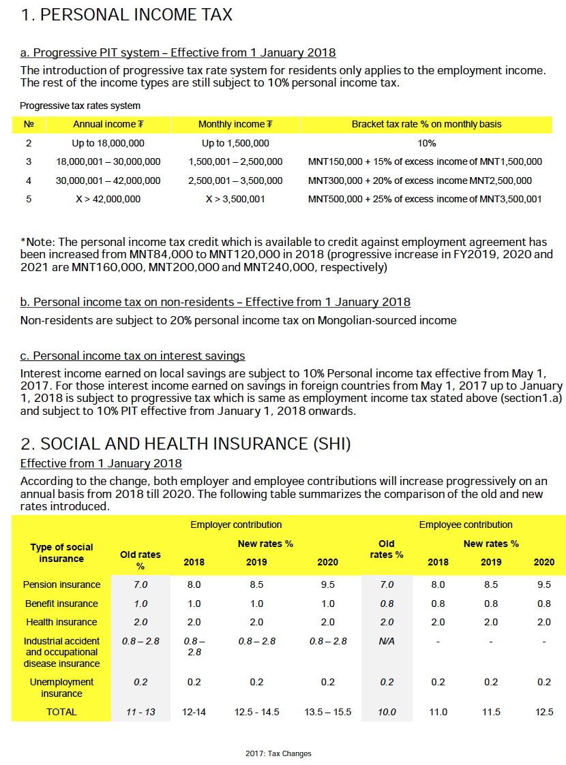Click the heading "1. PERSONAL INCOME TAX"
127,15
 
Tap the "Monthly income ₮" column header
235,124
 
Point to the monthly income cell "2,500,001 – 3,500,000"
235,181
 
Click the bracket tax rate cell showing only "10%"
427,143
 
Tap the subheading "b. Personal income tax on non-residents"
215,302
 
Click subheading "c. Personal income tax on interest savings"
132,356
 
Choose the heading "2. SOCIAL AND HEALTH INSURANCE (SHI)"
185,444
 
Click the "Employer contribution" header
236,525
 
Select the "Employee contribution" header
466,525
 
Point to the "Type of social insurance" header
61,552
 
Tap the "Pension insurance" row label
61,584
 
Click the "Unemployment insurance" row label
61,687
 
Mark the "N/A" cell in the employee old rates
387,641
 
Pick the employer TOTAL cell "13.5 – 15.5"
327,712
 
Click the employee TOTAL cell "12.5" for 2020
544,712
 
